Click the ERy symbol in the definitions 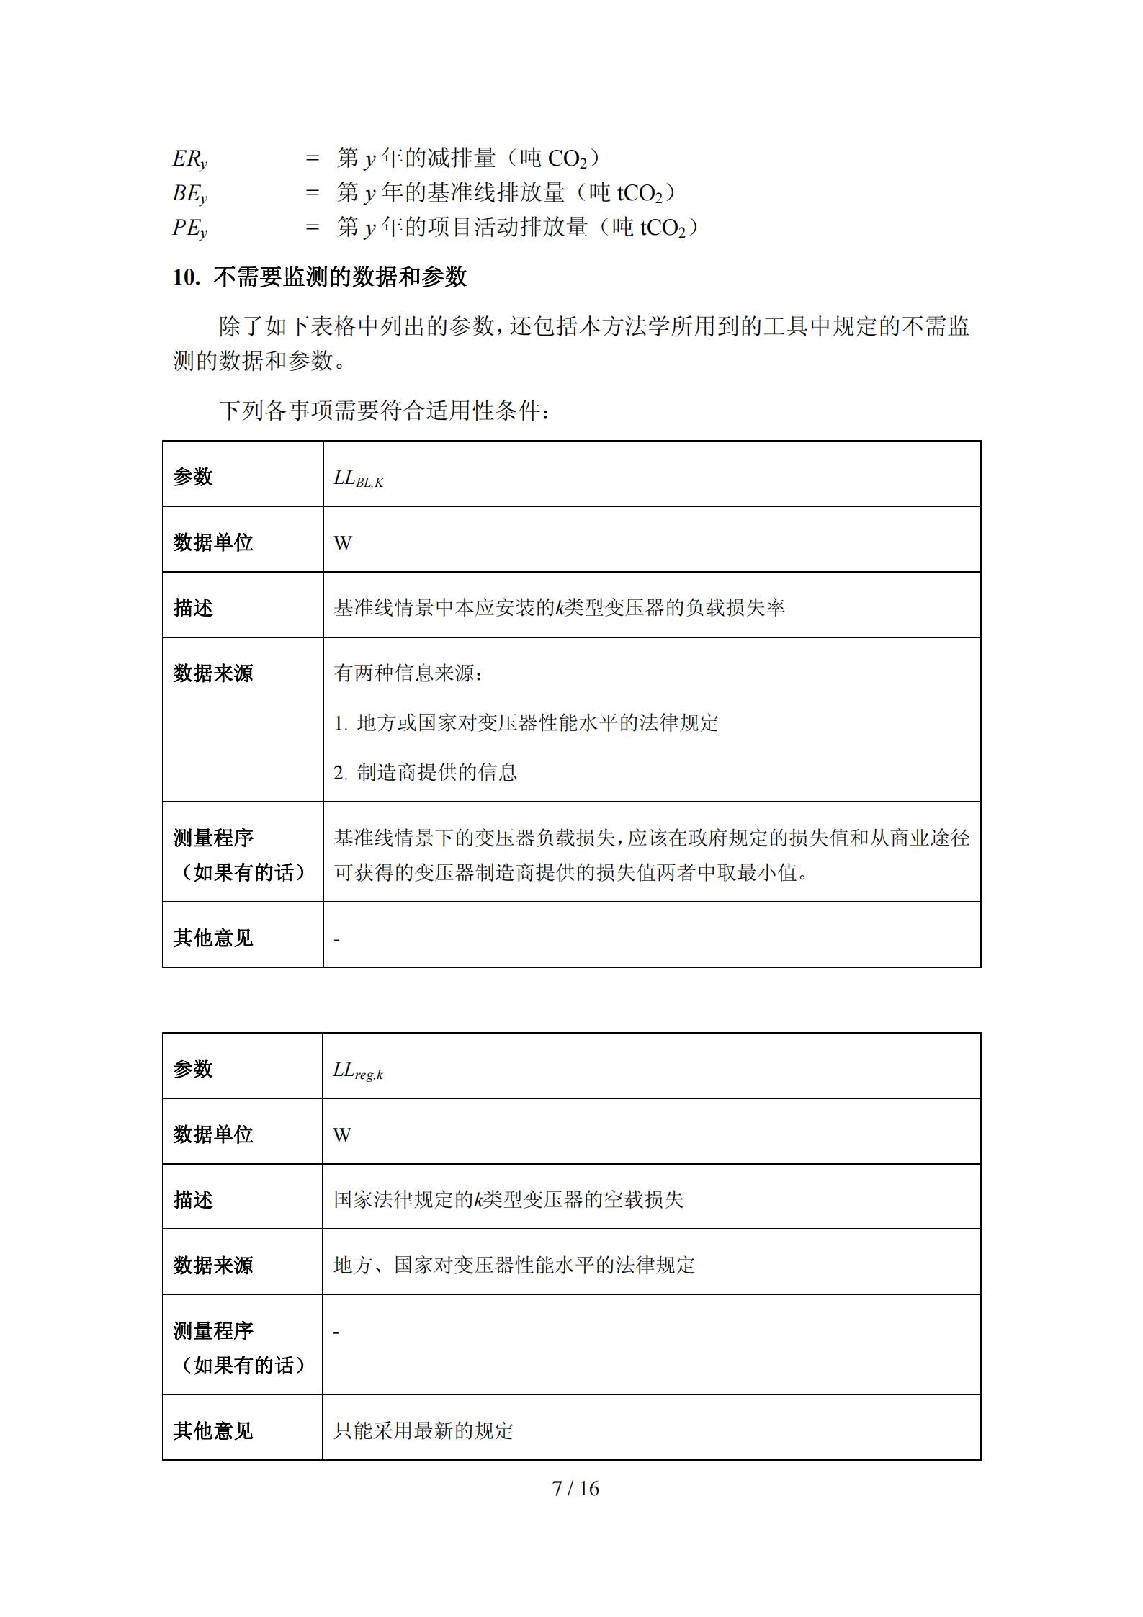[189, 159]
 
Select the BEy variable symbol [189, 194]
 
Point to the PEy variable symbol [189, 228]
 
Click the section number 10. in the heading [186, 277]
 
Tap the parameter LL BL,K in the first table [358, 478]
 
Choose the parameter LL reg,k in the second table [357, 1070]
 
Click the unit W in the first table [343, 544]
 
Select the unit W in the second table [342, 1136]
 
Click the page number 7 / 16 [575, 1489]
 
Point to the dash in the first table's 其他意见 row [336, 940]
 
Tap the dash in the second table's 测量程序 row [336, 1332]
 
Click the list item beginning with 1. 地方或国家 [526, 723]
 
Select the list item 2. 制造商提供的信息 [425, 773]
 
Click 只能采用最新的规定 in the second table [423, 1430]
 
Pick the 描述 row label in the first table [193, 608]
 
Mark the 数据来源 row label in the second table [213, 1266]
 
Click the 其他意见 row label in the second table [213, 1430]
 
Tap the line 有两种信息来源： [408, 673]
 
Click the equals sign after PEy [312, 228]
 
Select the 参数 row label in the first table [193, 477]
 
